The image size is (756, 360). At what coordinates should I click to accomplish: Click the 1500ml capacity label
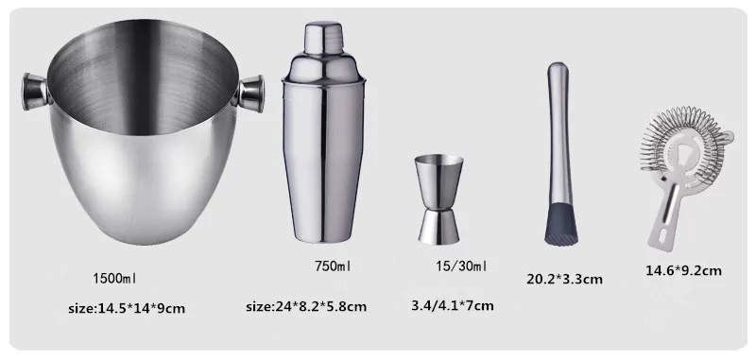(114, 278)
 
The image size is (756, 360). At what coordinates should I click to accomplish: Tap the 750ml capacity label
(333, 266)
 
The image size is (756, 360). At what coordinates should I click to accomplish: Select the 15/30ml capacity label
(461, 266)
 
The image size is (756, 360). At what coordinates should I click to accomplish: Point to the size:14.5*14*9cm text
(127, 308)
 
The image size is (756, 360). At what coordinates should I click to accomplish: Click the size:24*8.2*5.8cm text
(306, 306)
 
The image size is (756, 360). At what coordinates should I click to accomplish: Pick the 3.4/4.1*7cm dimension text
(453, 305)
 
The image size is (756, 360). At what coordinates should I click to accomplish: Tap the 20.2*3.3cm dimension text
(564, 279)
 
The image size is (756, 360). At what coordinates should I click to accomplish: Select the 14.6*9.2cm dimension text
(683, 270)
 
